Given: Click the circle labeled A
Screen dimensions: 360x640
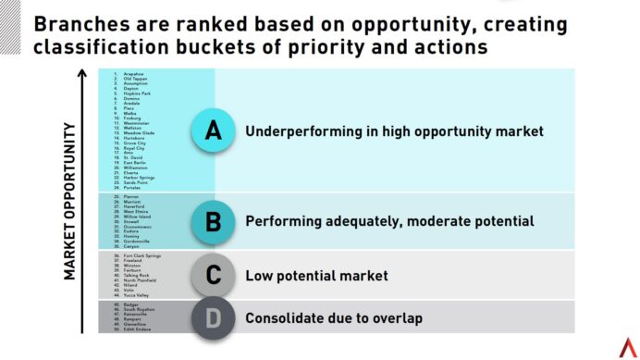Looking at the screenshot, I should [213, 131].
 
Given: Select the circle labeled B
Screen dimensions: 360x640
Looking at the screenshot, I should [213, 221].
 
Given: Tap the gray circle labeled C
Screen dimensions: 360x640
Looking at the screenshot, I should [213, 275].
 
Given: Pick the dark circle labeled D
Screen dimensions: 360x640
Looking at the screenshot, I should [213, 317].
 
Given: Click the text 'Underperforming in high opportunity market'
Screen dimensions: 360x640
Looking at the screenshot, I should [394, 131].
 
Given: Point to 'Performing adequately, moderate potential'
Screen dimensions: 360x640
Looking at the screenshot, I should [389, 221].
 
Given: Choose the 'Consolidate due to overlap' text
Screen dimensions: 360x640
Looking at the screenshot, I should [334, 317].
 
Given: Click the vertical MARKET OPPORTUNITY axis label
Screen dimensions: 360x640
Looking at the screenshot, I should [70, 201].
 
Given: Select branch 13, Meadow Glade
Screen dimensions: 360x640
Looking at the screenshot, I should [139, 132].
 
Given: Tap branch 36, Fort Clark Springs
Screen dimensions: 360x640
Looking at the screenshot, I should [142, 255].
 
